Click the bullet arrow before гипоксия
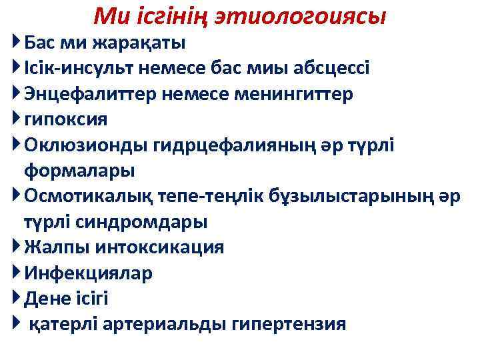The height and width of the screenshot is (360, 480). pos(17,119)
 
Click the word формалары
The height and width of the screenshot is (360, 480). pos(79,170)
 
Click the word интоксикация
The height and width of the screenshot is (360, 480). pos(160,247)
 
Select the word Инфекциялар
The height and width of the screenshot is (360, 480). pos(89,273)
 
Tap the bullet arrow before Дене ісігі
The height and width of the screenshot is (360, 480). pos(17,298)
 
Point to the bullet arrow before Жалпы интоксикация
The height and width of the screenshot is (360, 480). pos(17,247)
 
